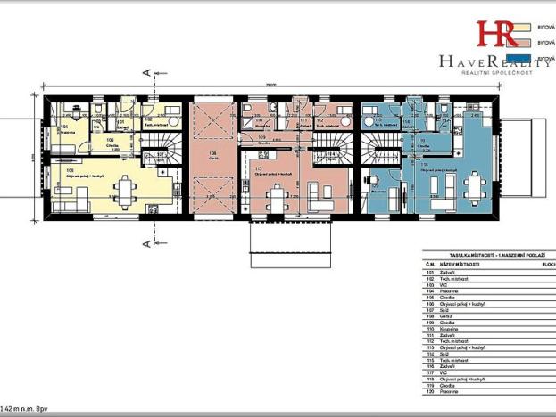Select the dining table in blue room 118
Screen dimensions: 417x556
(x=473, y=188)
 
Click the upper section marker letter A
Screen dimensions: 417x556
(x=143, y=70)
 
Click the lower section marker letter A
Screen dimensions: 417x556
(x=143, y=241)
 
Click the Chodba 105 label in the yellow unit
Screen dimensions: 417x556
(x=110, y=141)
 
